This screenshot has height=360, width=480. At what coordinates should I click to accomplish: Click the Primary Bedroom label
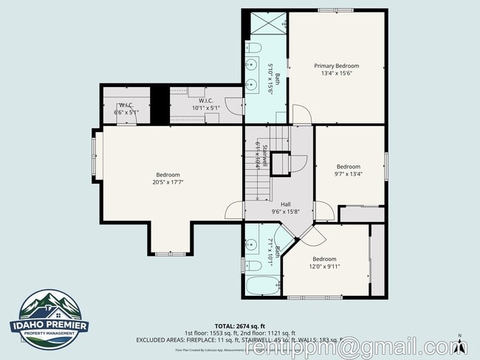point(337,66)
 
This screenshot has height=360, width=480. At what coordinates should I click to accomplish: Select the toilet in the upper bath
point(253,49)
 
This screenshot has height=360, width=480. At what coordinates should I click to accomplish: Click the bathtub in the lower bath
point(261,286)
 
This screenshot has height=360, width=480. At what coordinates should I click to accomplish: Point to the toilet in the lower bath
point(252,265)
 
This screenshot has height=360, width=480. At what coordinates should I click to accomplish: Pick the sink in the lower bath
point(252,243)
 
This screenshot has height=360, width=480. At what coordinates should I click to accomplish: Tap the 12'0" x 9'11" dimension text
point(324,266)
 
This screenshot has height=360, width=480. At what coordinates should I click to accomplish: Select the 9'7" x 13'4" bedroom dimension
point(349,174)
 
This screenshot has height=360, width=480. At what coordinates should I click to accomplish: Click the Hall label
point(286,204)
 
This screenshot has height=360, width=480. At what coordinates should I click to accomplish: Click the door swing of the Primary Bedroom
point(302,116)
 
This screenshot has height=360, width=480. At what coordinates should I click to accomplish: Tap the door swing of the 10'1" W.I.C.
point(233,106)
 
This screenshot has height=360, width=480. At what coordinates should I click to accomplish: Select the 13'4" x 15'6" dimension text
point(337,73)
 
